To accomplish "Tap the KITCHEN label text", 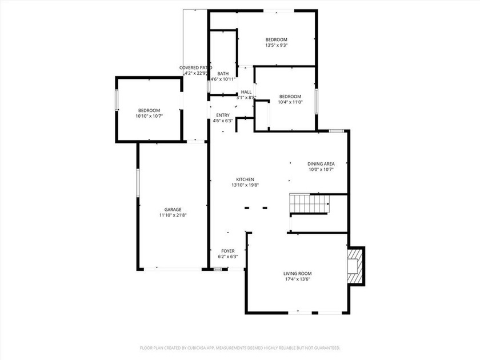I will click(245, 179).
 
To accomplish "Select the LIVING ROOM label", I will click(297, 274).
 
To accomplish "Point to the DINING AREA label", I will click(320, 163).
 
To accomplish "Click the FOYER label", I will click(227, 251).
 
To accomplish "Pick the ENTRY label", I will click(223, 115).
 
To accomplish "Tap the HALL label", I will click(246, 92).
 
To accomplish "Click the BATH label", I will click(223, 73).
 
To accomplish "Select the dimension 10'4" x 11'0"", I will click(290, 102).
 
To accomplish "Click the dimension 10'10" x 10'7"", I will click(149, 116).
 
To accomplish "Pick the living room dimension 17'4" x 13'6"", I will click(297, 279).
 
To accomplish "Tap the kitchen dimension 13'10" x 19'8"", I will click(245, 185).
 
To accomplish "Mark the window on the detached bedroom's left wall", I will click(117, 101).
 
